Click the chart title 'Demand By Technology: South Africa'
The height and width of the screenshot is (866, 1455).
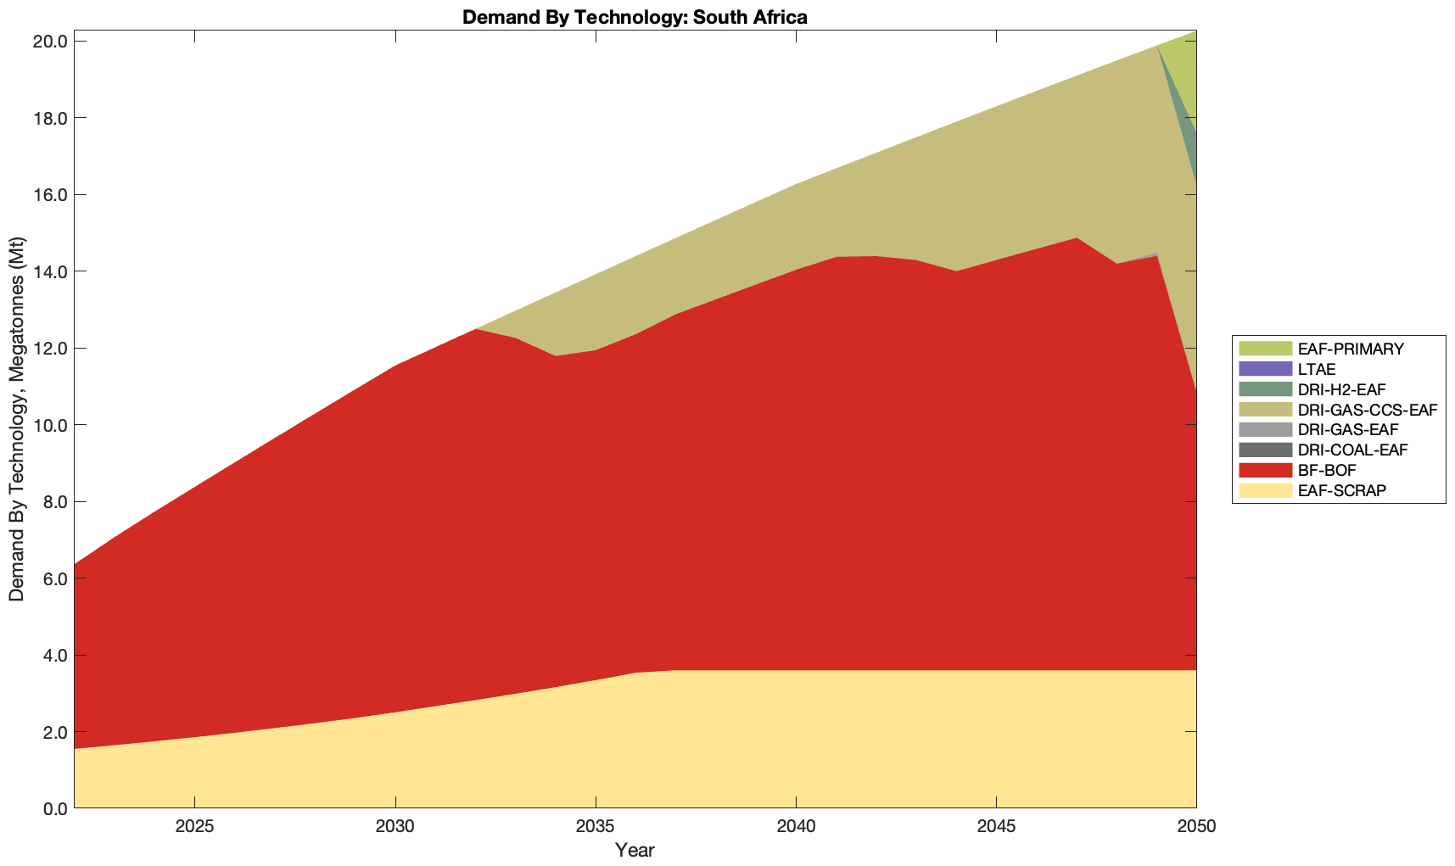tap(635, 16)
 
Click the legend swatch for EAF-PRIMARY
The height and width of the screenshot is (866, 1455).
tap(1264, 349)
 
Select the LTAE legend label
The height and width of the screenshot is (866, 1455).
tap(1317, 369)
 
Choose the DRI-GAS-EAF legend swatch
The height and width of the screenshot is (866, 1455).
tap(1264, 430)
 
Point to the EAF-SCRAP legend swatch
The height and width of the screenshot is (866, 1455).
tap(1264, 490)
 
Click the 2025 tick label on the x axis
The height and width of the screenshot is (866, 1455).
tap(195, 828)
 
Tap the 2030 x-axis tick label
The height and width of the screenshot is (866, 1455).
tap(395, 828)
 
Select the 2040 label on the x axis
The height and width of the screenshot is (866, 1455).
tap(796, 828)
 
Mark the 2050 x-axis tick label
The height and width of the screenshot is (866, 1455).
tap(1195, 828)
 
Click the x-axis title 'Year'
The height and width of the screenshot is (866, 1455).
tap(635, 850)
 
